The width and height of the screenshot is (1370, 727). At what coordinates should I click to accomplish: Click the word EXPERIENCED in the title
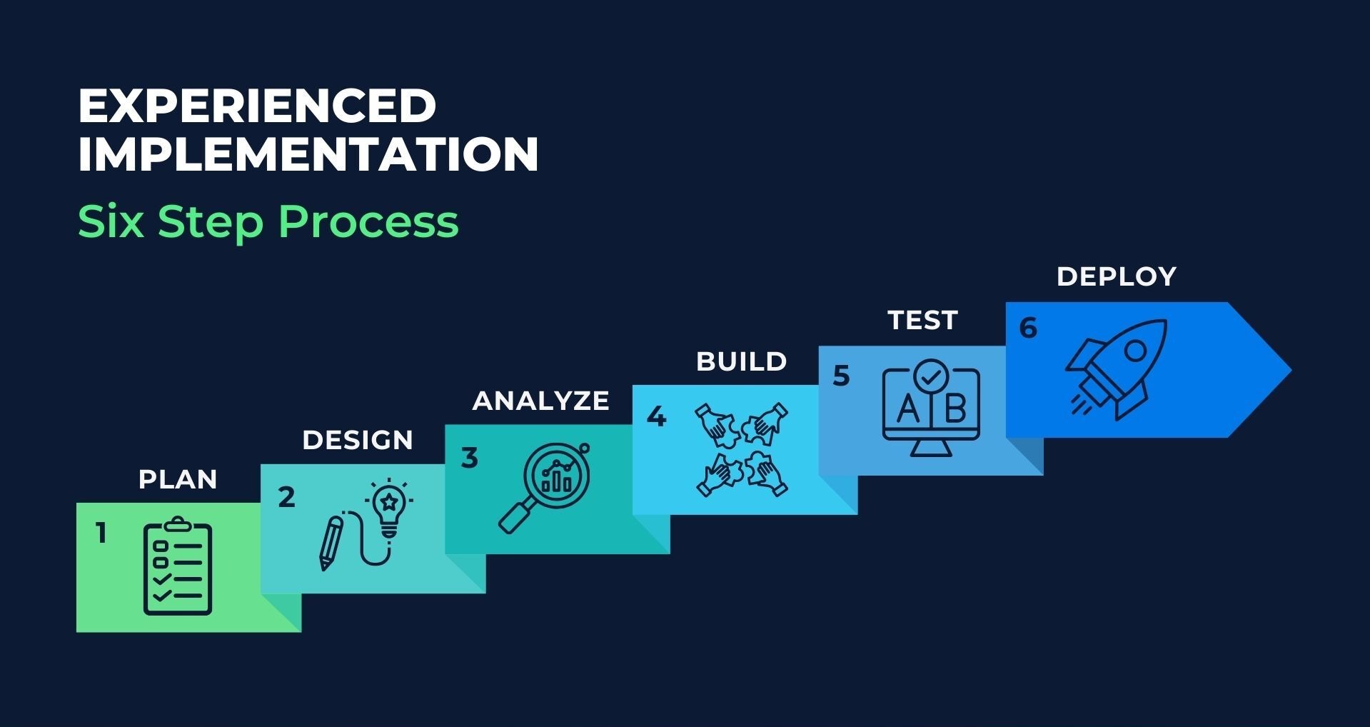coord(257,106)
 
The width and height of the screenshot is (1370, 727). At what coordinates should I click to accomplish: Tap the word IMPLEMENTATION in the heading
coord(308,154)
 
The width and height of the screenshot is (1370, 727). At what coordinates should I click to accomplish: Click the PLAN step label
coord(178,479)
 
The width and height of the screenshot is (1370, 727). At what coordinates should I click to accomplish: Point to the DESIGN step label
coord(358,440)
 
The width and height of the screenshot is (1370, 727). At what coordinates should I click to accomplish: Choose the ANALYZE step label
coord(541,401)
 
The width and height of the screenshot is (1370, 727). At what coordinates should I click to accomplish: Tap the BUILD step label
coord(742,361)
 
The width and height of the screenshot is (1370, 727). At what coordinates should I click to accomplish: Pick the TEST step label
coord(923,320)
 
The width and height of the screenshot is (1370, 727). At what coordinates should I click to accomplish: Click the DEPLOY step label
coord(1117,276)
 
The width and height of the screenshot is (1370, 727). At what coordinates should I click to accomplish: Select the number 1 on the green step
coord(101,533)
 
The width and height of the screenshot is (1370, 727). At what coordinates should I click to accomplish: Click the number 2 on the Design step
coord(286,497)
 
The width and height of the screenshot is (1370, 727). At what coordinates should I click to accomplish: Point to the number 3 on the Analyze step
coord(469,458)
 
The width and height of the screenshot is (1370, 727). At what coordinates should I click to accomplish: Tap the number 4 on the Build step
coord(656,416)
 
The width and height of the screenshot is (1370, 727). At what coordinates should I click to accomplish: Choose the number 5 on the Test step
coord(842,376)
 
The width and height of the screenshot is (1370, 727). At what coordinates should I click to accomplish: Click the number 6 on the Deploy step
coord(1028,328)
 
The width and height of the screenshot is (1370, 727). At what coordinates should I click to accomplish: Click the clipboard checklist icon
coord(178,566)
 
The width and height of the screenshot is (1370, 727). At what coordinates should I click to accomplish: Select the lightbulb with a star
coord(389,507)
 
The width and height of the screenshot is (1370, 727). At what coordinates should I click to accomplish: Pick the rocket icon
coord(1115,368)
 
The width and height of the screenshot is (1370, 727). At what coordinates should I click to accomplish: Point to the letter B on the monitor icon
coord(955,409)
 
